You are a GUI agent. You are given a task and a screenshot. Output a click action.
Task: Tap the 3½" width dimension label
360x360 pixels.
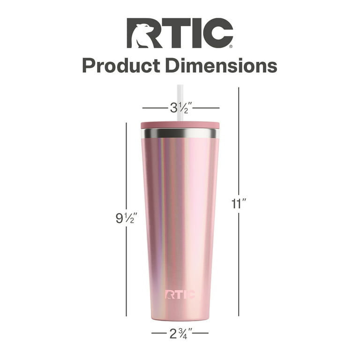[180, 108]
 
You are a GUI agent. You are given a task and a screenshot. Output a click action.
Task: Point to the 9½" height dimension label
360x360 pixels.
[126, 218]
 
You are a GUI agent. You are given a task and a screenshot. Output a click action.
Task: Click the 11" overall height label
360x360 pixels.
[239, 203]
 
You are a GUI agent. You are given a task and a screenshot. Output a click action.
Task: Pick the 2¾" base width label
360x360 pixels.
[180, 334]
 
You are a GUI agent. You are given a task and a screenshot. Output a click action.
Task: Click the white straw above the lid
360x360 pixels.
[180, 101]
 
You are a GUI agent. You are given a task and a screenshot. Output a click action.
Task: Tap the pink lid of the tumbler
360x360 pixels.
[180, 125]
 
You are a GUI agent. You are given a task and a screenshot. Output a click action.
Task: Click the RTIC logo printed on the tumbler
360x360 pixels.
[180, 294]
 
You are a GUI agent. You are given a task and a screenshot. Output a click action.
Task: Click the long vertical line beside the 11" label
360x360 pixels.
[239, 141]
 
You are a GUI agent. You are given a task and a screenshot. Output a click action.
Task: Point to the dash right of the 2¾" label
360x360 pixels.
[200, 333]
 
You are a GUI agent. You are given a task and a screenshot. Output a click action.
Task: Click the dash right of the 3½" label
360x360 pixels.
[206, 108]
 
